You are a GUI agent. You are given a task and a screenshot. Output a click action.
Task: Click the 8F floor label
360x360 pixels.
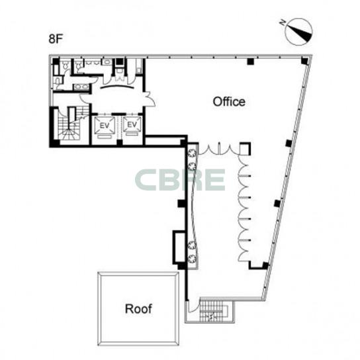click(x=56, y=39)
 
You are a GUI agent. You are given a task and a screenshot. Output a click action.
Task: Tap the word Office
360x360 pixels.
click(x=229, y=101)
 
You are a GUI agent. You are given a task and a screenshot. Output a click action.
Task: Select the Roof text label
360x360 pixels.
click(x=138, y=308)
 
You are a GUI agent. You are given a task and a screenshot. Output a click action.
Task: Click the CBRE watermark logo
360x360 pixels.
click(x=180, y=180)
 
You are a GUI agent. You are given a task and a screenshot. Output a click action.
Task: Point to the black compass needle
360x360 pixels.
click(x=300, y=34)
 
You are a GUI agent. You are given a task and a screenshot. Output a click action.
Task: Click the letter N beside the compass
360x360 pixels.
click(x=283, y=22)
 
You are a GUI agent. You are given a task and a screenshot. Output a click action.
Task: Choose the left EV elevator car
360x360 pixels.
click(x=105, y=125)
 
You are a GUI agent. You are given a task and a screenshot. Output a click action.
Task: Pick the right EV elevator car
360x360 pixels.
click(x=132, y=124)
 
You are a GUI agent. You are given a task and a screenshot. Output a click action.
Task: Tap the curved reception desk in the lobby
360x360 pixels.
click(x=117, y=86)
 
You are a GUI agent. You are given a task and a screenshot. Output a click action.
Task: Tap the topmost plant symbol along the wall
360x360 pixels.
click(x=192, y=154)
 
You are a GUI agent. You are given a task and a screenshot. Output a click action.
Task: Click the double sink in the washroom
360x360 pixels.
click(x=81, y=87)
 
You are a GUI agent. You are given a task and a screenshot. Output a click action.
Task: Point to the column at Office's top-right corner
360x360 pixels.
click(x=305, y=61)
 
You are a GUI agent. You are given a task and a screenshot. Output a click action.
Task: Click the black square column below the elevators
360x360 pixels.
click(x=119, y=142)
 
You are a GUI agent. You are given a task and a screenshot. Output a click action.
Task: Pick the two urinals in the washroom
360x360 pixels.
click(x=92, y=62)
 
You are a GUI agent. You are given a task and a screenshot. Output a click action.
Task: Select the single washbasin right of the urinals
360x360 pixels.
click(x=107, y=62)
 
